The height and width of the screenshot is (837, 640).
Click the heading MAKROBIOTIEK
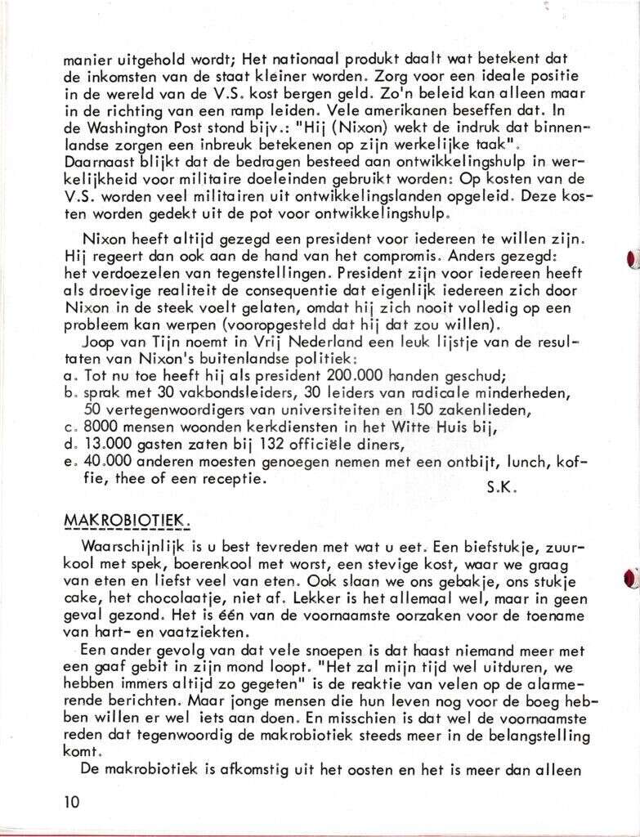click(x=126, y=520)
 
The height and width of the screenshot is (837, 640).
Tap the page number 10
click(x=72, y=801)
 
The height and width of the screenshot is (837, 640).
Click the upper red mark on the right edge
click(x=631, y=260)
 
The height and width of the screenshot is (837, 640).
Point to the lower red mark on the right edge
click(x=631, y=578)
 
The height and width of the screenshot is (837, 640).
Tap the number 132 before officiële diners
click(x=240, y=444)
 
